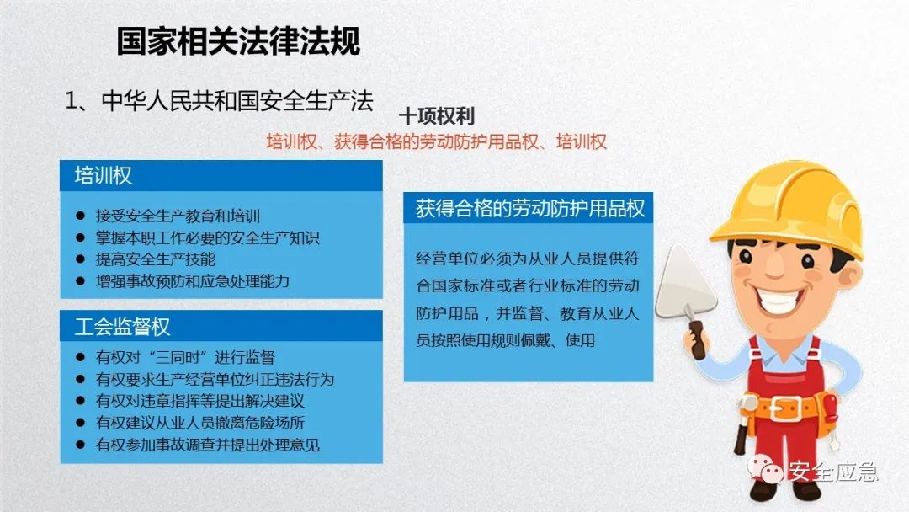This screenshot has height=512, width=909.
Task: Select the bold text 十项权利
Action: click(437, 116)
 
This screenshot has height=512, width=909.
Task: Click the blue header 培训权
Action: click(104, 175)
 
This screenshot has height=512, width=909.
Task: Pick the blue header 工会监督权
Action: click(123, 326)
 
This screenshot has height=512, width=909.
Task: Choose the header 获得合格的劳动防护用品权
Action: click(530, 209)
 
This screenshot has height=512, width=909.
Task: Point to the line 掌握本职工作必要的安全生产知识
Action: click(207, 238)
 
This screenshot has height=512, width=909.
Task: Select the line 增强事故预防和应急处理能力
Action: click(192, 281)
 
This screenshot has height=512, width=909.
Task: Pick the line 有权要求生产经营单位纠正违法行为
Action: click(215, 379)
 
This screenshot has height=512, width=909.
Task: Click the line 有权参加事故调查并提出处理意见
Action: click(207, 445)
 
